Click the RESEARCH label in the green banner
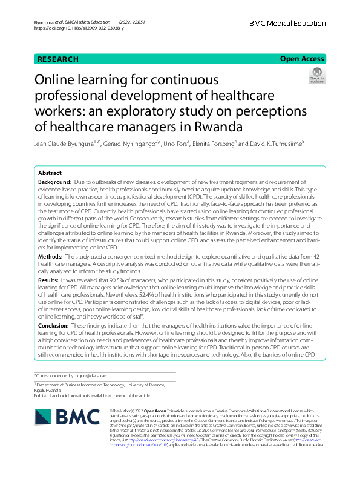[x=58, y=59]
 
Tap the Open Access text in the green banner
[x=302, y=59]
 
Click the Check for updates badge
[x=316, y=75]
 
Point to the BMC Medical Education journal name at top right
[x=287, y=23]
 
